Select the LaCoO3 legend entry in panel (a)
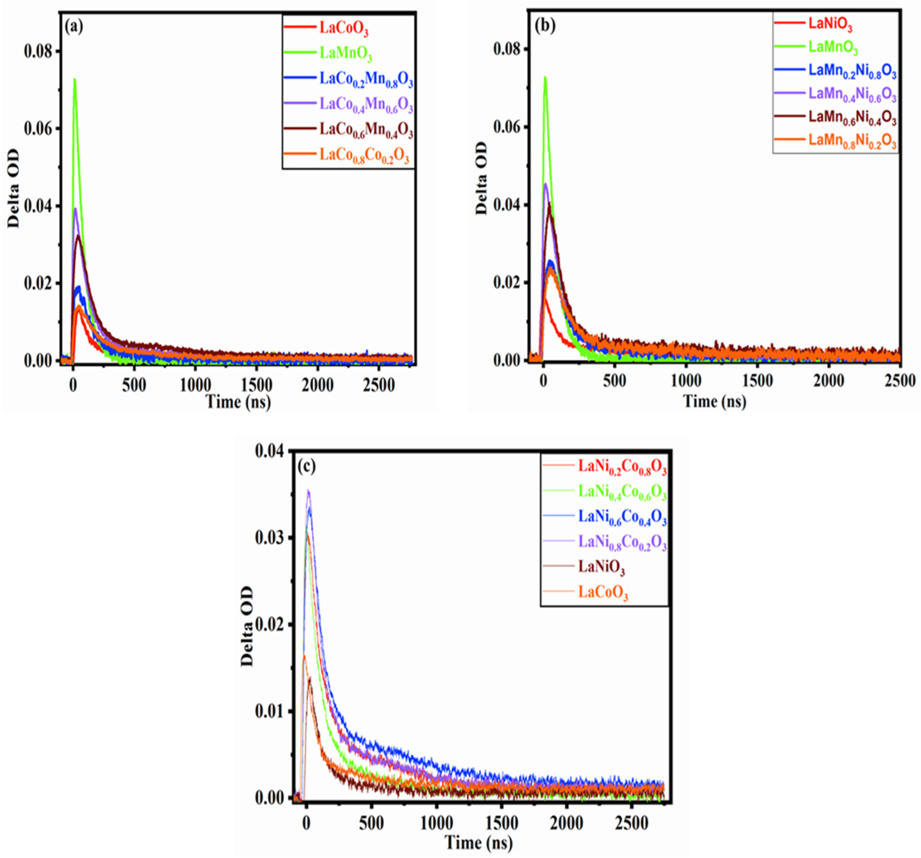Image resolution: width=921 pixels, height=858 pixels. click(x=343, y=29)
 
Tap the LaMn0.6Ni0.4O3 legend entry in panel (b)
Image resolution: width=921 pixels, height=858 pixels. click(x=852, y=118)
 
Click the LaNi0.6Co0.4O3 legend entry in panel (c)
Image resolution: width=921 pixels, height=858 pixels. click(x=622, y=516)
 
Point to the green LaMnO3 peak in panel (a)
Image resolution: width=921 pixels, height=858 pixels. click(x=74, y=80)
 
